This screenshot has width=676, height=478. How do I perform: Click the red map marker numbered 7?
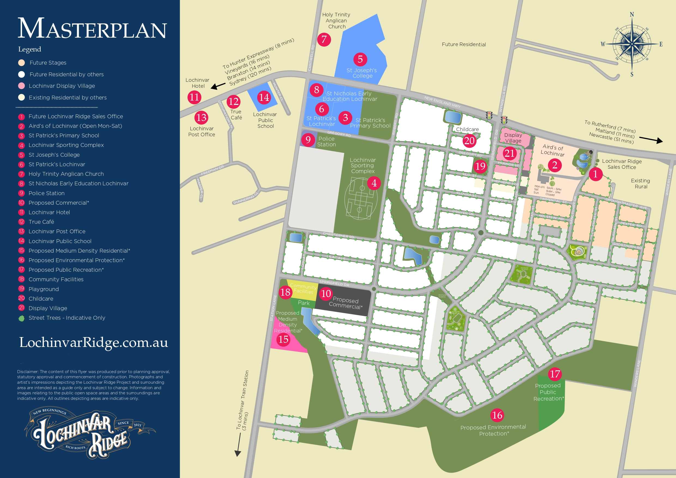[324, 40]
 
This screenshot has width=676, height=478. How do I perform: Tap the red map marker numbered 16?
[497, 415]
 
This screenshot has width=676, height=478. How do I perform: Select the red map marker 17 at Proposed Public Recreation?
[555, 374]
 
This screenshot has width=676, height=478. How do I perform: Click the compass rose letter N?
[632, 14]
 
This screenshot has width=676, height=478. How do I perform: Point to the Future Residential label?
[464, 44]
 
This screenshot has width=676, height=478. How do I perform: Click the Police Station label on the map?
[326, 142]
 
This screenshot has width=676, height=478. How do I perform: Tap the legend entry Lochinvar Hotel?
[49, 212]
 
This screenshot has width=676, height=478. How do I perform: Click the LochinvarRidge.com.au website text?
[93, 342]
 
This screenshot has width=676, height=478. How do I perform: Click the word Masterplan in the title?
[92, 29]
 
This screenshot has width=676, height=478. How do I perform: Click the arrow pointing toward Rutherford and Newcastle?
[651, 140]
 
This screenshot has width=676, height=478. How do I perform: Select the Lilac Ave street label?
[336, 258]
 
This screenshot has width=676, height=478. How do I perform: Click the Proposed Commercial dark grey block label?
[345, 303]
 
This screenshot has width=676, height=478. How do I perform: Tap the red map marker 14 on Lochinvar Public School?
[264, 98]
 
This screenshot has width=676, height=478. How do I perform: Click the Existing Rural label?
[640, 183]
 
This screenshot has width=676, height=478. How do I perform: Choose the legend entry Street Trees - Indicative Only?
[66, 318]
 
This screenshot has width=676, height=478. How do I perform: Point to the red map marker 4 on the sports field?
[374, 183]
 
